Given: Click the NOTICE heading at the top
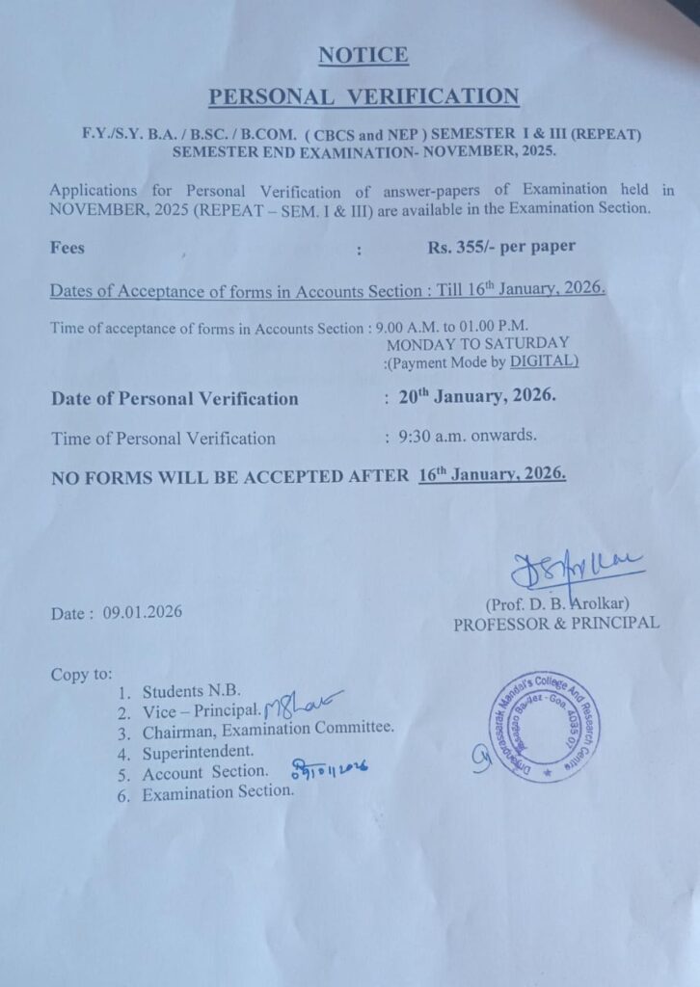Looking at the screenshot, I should tap(363, 55).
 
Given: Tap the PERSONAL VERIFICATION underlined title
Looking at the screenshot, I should tap(363, 96).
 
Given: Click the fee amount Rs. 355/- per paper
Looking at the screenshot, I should tap(501, 247).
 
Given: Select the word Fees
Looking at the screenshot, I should tap(67, 248).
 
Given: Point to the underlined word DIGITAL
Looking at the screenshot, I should tap(544, 361).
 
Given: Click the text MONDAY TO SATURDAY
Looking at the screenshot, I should tap(477, 343).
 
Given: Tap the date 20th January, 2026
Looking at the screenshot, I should tap(477, 396).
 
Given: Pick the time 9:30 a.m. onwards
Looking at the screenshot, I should tap(468, 436).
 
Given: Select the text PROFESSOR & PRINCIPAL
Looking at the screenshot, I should tap(556, 624).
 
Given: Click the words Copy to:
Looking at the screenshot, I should tap(82, 675).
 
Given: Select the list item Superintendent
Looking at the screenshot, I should tap(199, 751).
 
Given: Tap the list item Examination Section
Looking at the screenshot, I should tap(218, 792).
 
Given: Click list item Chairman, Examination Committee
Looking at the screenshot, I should tap(268, 731).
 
